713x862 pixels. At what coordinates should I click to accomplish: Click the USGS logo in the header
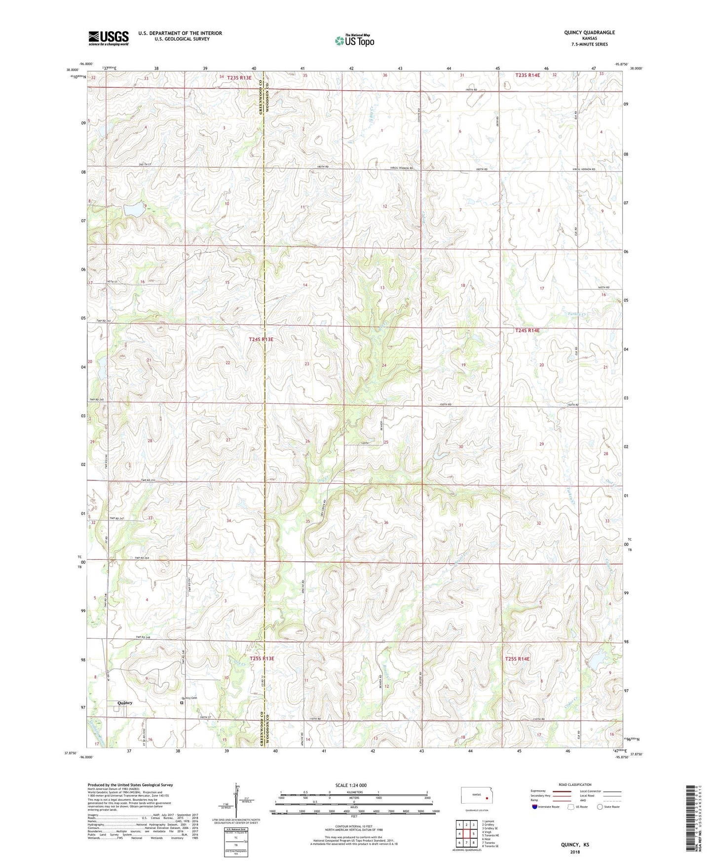pos(108,38)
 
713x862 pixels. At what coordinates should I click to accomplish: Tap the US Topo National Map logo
pos(354,40)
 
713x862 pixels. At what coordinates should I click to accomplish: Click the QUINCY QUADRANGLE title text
pos(589,33)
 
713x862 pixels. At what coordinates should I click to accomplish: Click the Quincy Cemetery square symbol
pos(182,702)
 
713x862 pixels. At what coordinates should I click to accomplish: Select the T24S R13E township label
pos(261,339)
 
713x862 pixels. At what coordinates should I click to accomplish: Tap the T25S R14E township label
pos(517,659)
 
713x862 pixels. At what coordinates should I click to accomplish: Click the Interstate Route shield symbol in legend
pos(535,807)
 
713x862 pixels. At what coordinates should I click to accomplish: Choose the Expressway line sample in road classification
pos(562,791)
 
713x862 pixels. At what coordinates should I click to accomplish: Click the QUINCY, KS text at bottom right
pos(575,845)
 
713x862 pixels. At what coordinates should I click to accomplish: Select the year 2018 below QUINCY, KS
pos(575,852)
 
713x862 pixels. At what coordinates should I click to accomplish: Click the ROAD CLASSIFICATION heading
pos(575,784)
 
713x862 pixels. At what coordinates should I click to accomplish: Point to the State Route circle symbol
pos(600,807)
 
